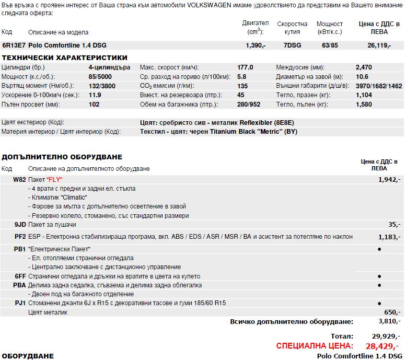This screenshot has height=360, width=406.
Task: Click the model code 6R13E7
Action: [x=14, y=45]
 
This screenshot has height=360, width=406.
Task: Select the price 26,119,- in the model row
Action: [x=379, y=45]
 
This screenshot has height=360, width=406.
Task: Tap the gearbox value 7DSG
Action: [x=292, y=45]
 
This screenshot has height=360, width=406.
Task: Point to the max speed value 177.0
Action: [x=245, y=67]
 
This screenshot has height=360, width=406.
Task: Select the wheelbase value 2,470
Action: [x=364, y=67]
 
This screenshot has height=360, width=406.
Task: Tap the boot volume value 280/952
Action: [x=248, y=104]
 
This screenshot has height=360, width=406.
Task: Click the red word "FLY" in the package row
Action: [x=54, y=179]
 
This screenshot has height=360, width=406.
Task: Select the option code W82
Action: [x=19, y=179]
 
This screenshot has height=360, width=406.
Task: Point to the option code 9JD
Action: [x=20, y=224]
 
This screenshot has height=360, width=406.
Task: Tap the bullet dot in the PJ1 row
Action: [x=379, y=303]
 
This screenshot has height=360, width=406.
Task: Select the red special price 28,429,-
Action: [x=381, y=346]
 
